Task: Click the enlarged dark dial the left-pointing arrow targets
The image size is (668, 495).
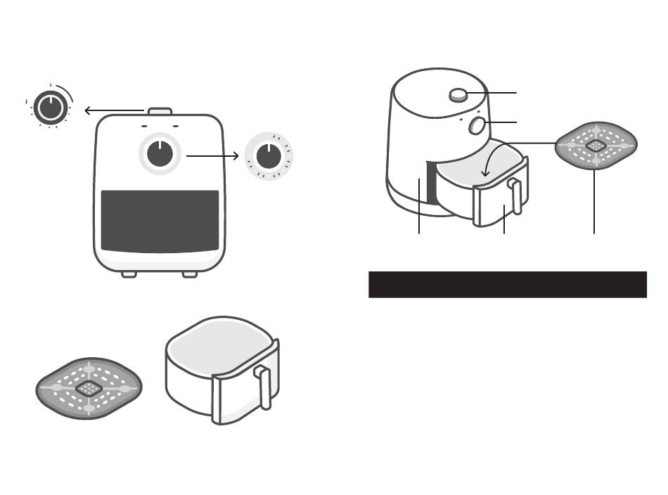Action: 51,108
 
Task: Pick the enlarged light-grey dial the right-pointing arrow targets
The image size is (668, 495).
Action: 268,157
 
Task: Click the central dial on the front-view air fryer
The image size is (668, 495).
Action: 160,153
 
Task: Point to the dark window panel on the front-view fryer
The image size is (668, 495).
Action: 160,221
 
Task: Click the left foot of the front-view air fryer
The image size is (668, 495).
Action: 129,274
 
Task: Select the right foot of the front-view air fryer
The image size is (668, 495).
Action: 190,274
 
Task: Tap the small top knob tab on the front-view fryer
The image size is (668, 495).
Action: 160,111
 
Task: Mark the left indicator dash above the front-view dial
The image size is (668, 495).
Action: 143,127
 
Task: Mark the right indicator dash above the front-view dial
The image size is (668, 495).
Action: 176,127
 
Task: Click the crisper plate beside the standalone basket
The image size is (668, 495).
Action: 89,387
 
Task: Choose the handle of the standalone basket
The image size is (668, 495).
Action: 265,387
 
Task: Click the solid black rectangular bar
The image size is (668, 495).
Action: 507,284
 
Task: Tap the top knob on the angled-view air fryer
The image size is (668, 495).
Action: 459,94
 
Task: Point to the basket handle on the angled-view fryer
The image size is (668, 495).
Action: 516,196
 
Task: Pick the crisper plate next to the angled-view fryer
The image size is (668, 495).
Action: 596,145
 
